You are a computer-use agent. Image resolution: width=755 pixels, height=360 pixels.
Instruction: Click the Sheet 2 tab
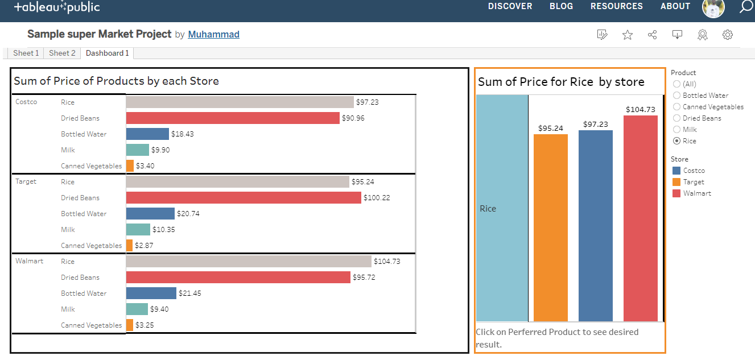(x=62, y=53)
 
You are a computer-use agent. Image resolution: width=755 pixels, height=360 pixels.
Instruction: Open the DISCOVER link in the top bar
(x=510, y=6)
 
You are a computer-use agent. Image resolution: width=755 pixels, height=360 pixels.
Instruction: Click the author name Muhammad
(x=213, y=34)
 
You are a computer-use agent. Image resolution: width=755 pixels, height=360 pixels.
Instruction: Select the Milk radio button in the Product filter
(x=676, y=130)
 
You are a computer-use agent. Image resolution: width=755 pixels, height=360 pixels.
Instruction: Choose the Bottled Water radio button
(x=676, y=96)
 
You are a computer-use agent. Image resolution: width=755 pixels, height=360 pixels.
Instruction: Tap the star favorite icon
(x=627, y=35)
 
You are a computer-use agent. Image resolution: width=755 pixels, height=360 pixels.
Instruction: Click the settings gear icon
(x=727, y=35)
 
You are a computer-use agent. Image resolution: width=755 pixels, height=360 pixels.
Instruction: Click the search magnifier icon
(x=745, y=7)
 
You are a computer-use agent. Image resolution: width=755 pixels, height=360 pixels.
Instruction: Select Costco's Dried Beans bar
(x=233, y=118)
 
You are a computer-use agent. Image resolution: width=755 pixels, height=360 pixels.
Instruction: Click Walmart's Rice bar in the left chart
(x=248, y=261)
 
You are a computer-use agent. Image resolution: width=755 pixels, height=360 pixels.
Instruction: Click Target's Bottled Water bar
(x=150, y=213)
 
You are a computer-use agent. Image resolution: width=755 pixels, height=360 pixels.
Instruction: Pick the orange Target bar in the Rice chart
(x=550, y=227)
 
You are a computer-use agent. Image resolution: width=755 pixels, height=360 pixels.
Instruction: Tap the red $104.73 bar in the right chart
(x=640, y=218)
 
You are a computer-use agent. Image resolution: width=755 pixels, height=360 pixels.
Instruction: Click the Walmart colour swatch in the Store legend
(x=676, y=193)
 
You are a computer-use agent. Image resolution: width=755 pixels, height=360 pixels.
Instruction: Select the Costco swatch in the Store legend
(x=676, y=171)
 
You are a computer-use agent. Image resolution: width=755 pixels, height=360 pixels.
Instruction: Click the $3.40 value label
(x=145, y=166)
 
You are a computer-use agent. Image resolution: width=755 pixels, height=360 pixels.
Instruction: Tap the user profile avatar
(x=713, y=7)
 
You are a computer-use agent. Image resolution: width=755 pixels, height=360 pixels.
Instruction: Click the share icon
(x=652, y=35)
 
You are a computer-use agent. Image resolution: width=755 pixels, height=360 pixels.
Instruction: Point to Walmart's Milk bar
(x=137, y=309)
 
